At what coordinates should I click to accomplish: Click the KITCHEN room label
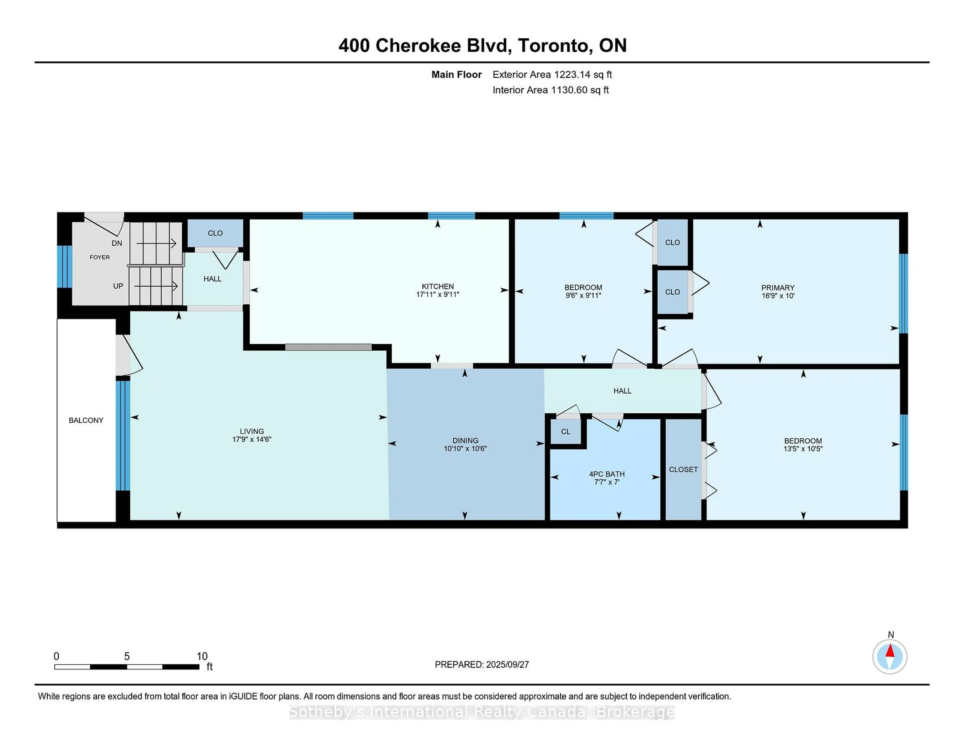pos(437,286)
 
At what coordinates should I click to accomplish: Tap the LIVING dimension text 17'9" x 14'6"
pos(252,440)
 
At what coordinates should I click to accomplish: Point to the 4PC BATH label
pos(607,474)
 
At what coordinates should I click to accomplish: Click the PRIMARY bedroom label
pos(777,288)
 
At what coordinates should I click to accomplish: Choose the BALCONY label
pos(86,420)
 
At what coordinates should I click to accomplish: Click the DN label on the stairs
pos(116,243)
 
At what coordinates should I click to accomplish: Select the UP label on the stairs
pos(118,286)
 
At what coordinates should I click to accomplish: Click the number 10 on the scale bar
pos(202,656)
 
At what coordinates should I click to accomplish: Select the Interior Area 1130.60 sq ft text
pos(551,90)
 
